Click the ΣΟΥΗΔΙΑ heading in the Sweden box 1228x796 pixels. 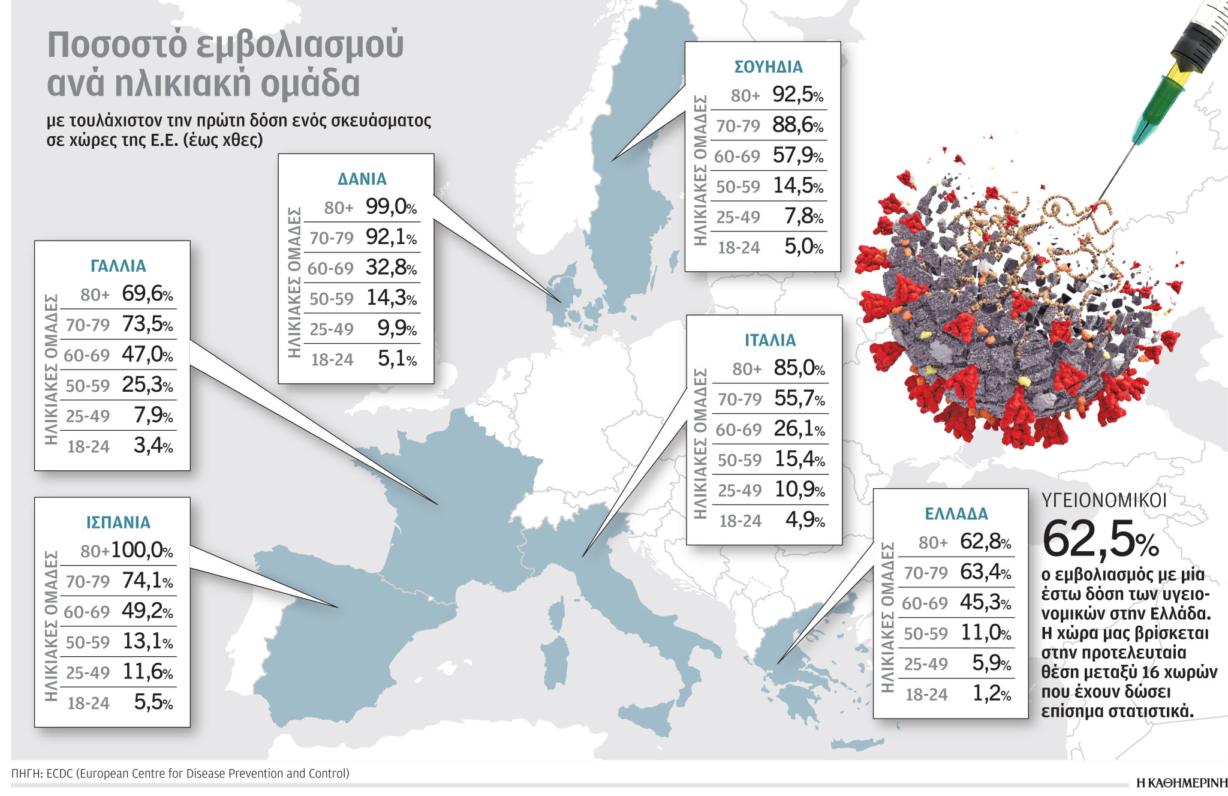point(768,67)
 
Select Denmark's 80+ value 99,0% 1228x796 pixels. point(391,207)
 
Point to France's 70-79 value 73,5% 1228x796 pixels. point(147,324)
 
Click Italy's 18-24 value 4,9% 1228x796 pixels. point(805,519)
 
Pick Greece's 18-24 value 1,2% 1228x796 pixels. point(991,693)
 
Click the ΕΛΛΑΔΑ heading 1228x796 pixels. point(956,513)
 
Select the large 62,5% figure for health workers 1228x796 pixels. point(1100,539)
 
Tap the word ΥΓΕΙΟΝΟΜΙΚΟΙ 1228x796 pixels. point(1104,500)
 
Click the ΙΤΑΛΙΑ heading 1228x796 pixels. point(770,340)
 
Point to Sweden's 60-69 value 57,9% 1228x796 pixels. point(797,155)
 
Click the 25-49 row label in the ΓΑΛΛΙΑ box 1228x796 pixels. point(88,416)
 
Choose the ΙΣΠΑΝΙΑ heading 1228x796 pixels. point(118,522)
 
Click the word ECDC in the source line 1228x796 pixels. point(59,773)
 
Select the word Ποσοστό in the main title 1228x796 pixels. point(117,46)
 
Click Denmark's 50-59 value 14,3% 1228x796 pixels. point(391,298)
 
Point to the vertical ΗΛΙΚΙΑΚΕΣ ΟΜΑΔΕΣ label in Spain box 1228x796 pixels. point(51,626)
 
